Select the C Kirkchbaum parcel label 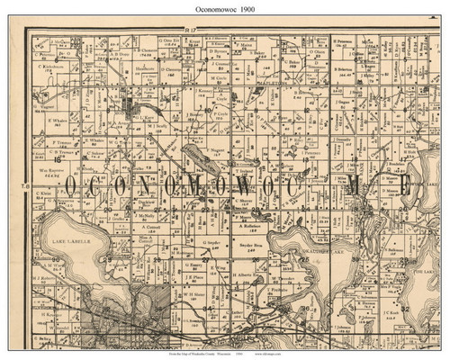click(54, 68)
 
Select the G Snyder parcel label click(212, 243)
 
